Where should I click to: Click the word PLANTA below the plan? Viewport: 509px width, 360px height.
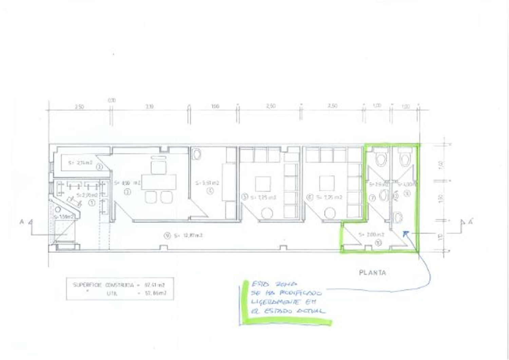[x=372, y=272]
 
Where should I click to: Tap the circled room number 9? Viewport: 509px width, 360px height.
[x=166, y=236]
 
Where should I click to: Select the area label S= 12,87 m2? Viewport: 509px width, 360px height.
[x=188, y=235]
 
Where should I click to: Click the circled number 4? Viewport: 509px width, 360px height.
[x=210, y=191]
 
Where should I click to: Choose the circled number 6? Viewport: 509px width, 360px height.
[x=309, y=197]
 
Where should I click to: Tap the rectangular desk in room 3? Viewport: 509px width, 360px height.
[x=159, y=182]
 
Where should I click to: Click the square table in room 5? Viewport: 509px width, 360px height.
[x=263, y=184]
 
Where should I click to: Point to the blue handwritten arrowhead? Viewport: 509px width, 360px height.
[x=406, y=233]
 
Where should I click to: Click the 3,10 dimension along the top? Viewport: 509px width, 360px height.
[x=149, y=107]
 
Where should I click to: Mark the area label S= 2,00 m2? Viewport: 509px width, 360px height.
[x=371, y=234]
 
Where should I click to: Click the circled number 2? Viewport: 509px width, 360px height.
[x=99, y=167]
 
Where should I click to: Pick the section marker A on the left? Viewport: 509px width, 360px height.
[x=22, y=222]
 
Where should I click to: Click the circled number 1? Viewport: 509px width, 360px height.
[x=92, y=203]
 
